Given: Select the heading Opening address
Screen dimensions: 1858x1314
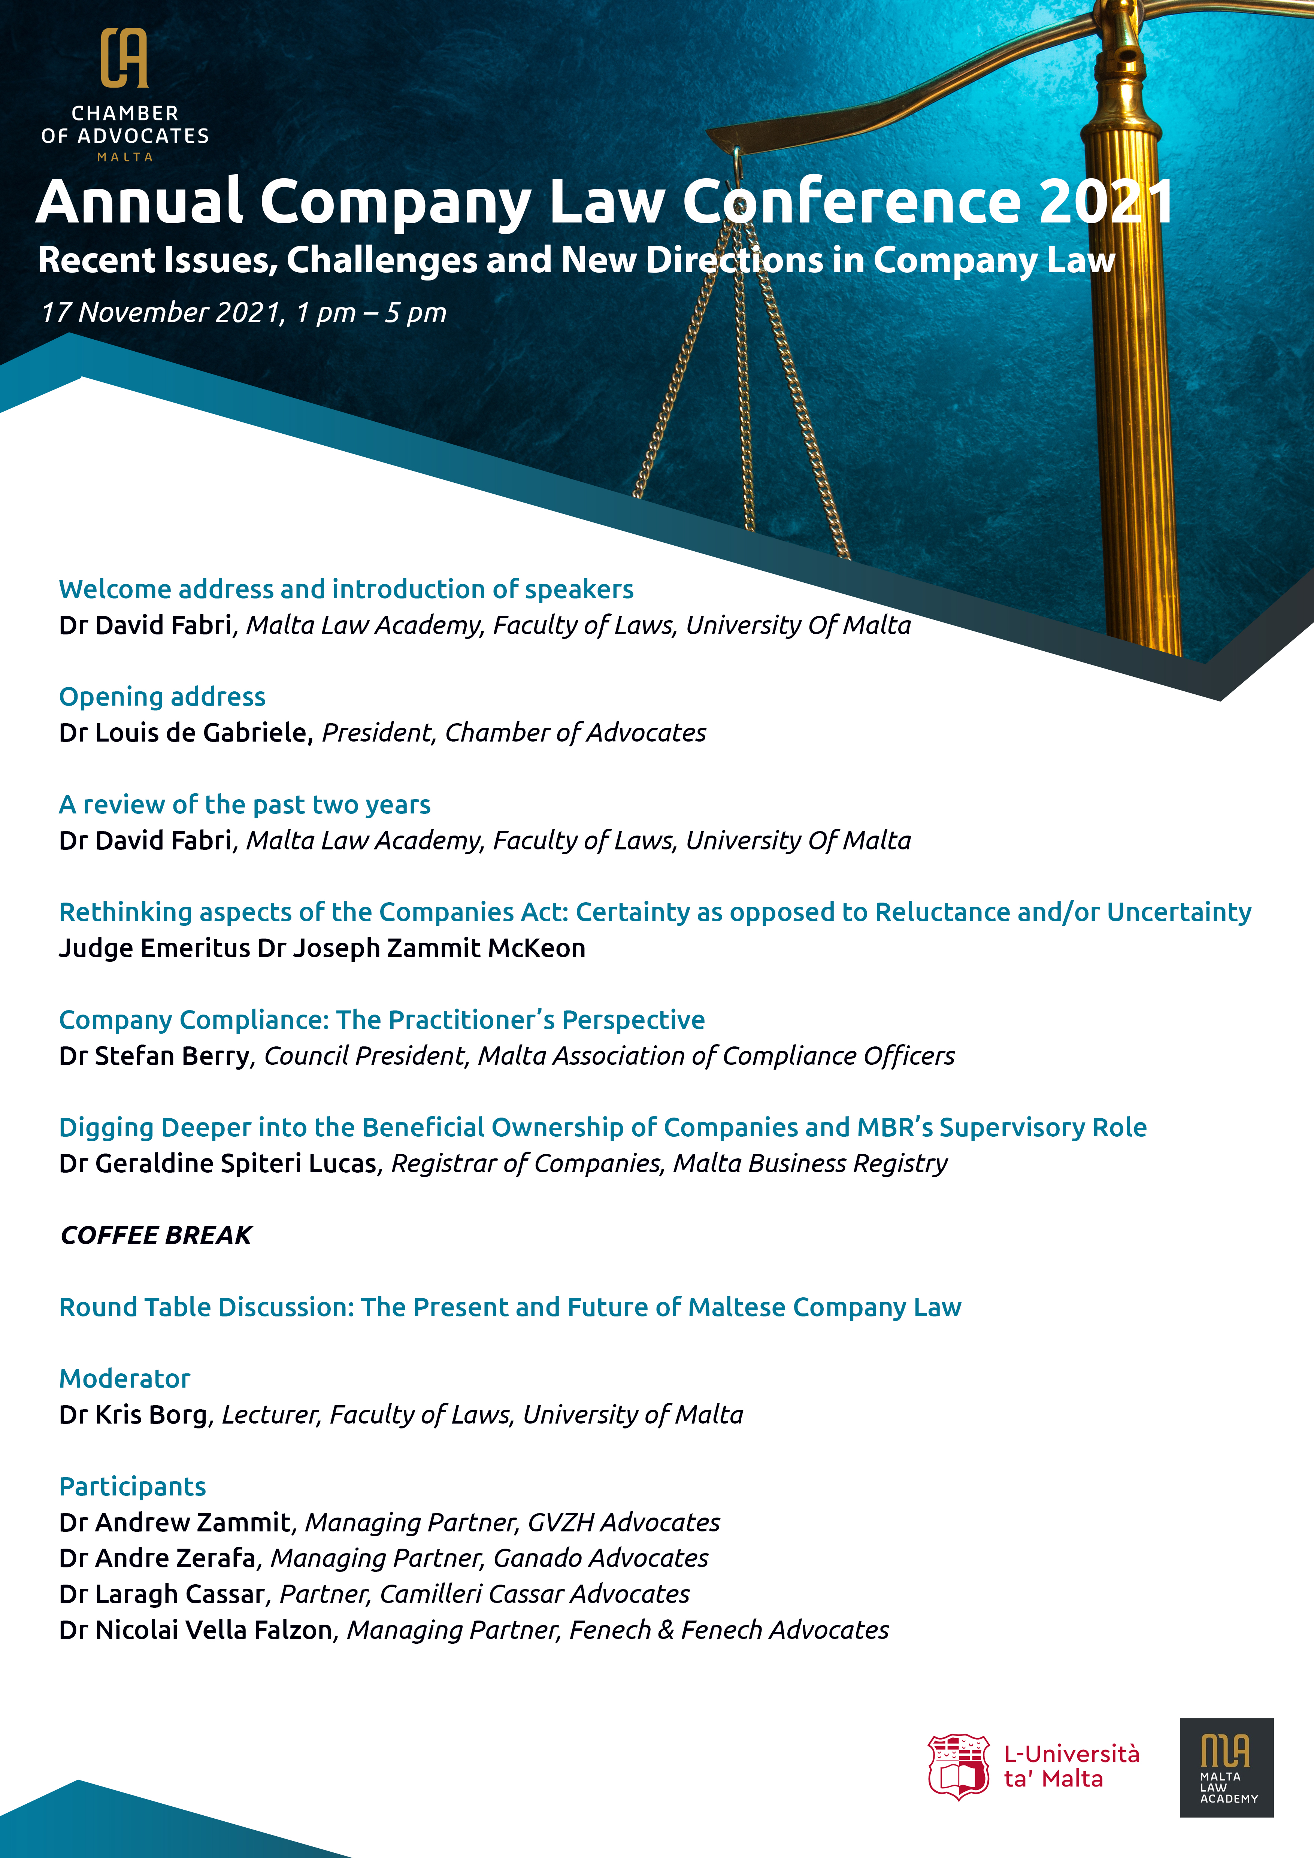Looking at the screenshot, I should tap(162, 697).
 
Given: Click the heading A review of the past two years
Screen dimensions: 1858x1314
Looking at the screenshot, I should tap(244, 804).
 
